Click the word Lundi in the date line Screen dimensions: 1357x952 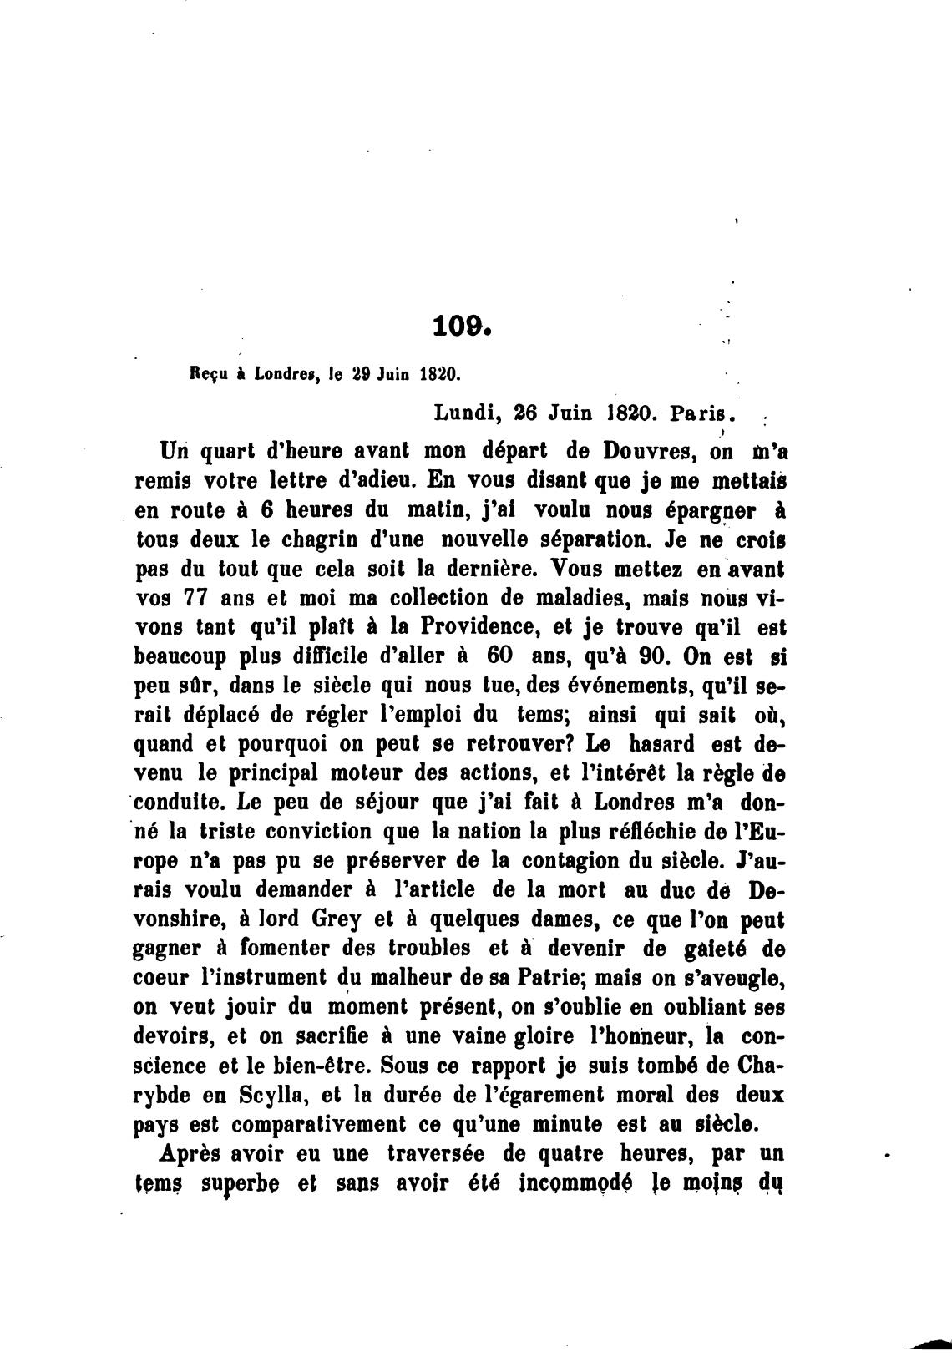click(467, 413)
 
